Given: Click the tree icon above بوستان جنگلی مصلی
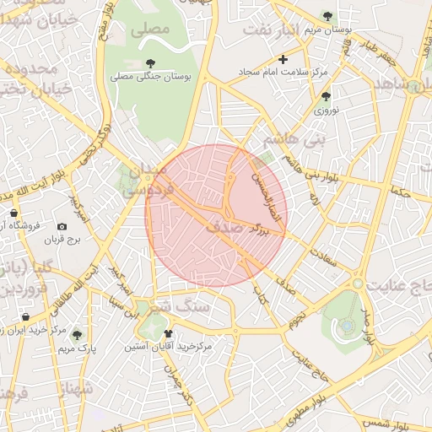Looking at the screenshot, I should tap(150, 63).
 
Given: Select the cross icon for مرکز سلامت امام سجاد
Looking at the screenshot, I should tap(283, 59).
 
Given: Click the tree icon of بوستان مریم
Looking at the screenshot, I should tap(327, 16).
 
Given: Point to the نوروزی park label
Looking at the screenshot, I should tap(326, 110).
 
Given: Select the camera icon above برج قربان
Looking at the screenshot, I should tap(62, 226).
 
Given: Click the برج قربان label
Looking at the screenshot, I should tap(62, 240).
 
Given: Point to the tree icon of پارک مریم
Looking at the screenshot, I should tap(78, 335).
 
